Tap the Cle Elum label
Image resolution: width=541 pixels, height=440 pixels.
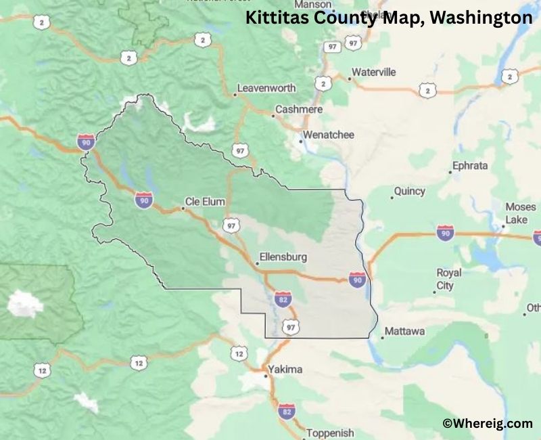(203, 201)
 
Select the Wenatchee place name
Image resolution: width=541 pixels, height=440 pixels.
(328, 135)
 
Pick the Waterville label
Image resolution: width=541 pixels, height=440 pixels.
(374, 72)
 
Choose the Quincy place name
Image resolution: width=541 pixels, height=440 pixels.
(410, 192)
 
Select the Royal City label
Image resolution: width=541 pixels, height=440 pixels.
(449, 279)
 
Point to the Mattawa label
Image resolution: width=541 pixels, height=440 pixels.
(404, 332)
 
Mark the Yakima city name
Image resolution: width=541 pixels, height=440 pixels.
(285, 370)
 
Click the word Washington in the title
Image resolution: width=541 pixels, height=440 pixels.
(481, 18)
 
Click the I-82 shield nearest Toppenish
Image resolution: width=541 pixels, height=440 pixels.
(287, 410)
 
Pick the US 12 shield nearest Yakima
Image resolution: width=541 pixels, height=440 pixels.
(239, 353)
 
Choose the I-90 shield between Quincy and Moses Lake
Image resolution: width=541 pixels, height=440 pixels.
(445, 234)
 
